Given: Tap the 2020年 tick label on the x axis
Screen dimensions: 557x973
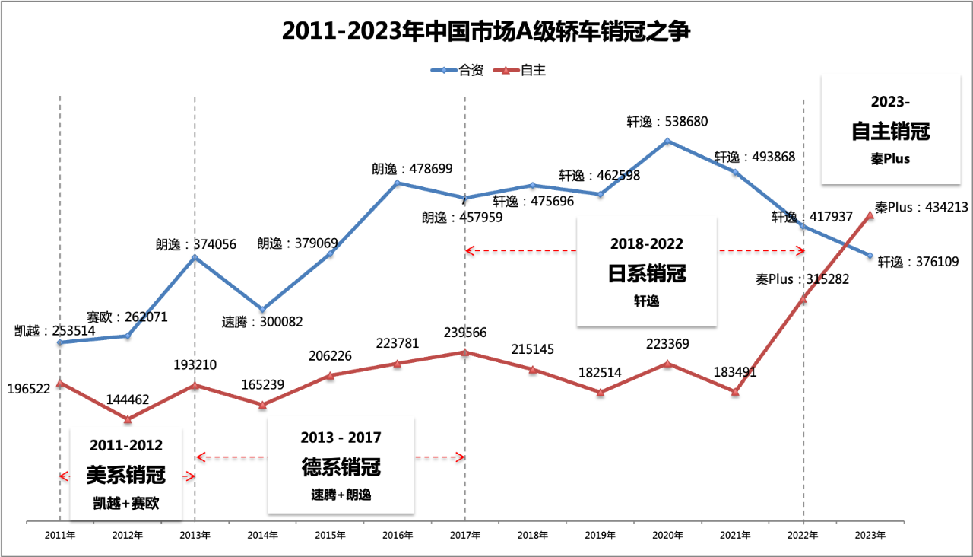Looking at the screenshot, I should pyautogui.click(x=667, y=535).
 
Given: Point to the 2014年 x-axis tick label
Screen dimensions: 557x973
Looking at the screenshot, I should pyautogui.click(x=262, y=535).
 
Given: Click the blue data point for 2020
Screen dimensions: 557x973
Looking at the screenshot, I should pyautogui.click(x=667, y=141).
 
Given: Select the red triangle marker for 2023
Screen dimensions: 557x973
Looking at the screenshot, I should pyautogui.click(x=870, y=215).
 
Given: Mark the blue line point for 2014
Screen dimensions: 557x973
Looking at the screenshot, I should pyautogui.click(x=262, y=310).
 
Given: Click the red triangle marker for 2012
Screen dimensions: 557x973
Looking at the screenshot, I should pyautogui.click(x=128, y=419).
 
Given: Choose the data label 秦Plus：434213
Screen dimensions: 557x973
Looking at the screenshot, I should pyautogui.click(x=921, y=207).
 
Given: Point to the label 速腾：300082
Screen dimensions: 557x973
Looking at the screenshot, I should pyautogui.click(x=262, y=322).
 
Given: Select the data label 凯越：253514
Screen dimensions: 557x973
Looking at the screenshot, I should pyautogui.click(x=54, y=331).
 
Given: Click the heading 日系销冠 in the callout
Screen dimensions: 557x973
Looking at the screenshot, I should pyautogui.click(x=647, y=273).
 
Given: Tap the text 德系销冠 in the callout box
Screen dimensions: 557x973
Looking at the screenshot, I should pyautogui.click(x=341, y=466).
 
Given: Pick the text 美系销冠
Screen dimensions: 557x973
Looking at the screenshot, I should pyautogui.click(x=126, y=476).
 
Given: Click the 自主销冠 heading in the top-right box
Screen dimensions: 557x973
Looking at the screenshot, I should pyautogui.click(x=891, y=131).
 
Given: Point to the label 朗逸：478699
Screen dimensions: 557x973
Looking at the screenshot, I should pyautogui.click(x=417, y=168).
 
